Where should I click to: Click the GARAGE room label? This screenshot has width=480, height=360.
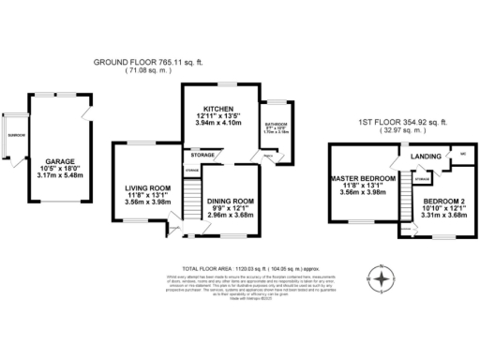tap(61, 161)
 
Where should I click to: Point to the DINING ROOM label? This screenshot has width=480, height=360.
tap(230, 201)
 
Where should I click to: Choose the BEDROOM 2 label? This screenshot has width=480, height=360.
tap(441, 201)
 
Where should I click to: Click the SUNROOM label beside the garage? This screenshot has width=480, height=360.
tap(17, 135)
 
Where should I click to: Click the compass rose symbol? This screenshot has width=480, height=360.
tap(380, 278)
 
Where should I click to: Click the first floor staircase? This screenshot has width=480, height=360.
tap(406, 199)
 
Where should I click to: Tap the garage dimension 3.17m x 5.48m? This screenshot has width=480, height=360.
tap(61, 174)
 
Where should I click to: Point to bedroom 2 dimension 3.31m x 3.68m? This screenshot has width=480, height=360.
tap(441, 215)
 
